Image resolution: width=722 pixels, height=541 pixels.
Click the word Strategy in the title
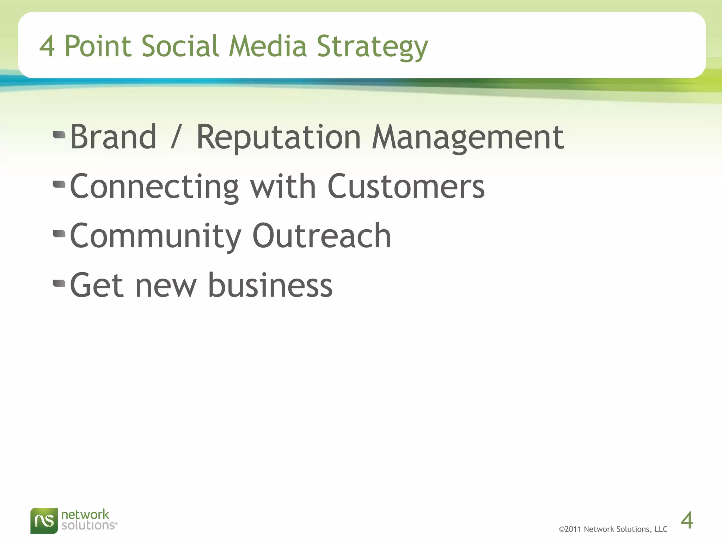pos(372,47)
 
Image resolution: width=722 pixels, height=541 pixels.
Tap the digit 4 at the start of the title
pos(47,46)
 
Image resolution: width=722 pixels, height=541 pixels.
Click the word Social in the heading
pos(180,46)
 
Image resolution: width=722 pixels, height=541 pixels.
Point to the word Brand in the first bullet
pos(113,137)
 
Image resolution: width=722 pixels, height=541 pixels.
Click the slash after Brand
pos(176,138)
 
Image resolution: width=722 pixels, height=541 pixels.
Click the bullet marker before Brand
pos(59,135)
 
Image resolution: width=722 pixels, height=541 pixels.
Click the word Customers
pos(406,187)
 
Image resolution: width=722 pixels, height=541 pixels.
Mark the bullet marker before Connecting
pos(59,184)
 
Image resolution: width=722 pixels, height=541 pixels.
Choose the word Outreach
pos(322,236)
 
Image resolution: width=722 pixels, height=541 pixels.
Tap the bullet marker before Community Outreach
pos(59,234)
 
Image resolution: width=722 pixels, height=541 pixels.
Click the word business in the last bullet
pos(270,285)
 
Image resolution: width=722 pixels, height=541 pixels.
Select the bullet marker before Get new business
pos(59,283)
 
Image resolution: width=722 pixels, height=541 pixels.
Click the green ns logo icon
pos(44,520)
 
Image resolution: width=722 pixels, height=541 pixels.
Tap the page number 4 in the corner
pos(686,521)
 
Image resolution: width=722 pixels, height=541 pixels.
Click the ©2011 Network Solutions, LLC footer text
pos(613,529)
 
